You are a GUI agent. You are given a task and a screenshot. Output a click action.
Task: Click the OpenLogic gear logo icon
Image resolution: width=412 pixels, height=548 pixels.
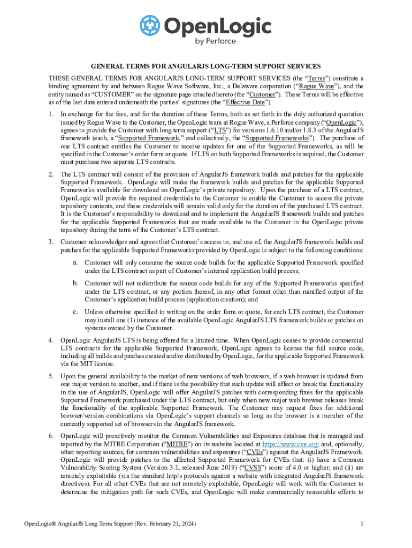click(150, 26)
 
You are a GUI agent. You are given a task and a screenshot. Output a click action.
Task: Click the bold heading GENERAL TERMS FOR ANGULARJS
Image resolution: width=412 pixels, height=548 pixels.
click(205, 67)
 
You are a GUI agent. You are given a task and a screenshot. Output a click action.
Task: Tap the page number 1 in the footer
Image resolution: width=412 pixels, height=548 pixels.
click(362, 523)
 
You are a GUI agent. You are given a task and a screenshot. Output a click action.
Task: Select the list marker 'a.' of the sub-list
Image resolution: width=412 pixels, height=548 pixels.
click(77, 263)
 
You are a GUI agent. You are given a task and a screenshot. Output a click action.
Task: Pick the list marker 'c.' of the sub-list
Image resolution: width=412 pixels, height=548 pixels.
click(77, 312)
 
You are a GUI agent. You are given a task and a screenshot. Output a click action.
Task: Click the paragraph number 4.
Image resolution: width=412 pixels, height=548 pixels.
click(50, 340)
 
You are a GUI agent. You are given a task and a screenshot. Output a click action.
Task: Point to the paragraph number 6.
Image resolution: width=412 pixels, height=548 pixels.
click(50, 436)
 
